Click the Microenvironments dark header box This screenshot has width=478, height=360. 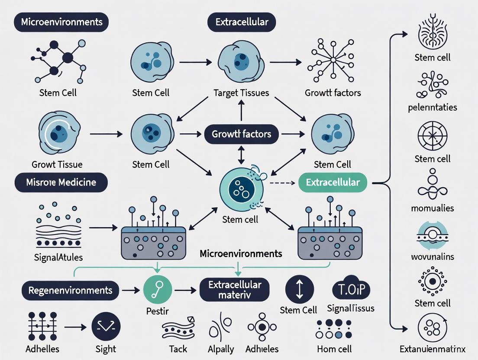pyautogui.click(x=61, y=22)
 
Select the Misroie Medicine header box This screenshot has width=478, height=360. pyautogui.click(x=61, y=183)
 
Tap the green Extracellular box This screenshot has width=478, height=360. pyautogui.click(x=333, y=183)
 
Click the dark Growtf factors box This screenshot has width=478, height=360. pyautogui.click(x=241, y=134)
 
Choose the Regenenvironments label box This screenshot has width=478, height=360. pyautogui.click(x=70, y=290)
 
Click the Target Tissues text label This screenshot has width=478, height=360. pyautogui.click(x=241, y=93)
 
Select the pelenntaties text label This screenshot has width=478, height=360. pyautogui.click(x=432, y=107)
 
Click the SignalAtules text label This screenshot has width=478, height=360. pyautogui.click(x=58, y=257)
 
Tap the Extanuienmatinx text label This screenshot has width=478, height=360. pyautogui.click(x=433, y=348)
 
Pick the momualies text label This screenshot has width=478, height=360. pyautogui.click(x=433, y=208)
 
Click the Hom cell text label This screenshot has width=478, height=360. pyautogui.click(x=334, y=349)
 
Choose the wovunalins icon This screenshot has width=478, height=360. pyautogui.click(x=433, y=236)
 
